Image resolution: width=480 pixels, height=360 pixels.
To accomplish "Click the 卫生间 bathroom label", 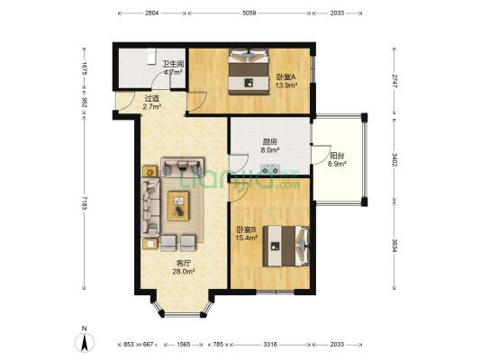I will pyautogui.click(x=173, y=64).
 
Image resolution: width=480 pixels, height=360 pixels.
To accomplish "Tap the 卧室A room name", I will pyautogui.click(x=286, y=77).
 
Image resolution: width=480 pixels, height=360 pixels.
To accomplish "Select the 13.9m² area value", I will pyautogui.click(x=286, y=86).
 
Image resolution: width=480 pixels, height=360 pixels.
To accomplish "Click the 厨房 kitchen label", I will pyautogui.click(x=268, y=141).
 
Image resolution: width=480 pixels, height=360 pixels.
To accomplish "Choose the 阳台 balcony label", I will pyautogui.click(x=337, y=156).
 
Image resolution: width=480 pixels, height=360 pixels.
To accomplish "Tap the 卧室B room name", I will pyautogui.click(x=244, y=229).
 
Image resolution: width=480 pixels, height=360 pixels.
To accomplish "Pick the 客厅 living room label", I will pyautogui.click(x=183, y=264).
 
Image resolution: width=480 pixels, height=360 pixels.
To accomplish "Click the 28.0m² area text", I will pyautogui.click(x=183, y=273).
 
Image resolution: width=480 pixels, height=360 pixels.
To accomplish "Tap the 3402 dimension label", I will pyautogui.click(x=394, y=160).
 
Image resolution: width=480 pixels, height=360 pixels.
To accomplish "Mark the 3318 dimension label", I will pyautogui.click(x=270, y=345).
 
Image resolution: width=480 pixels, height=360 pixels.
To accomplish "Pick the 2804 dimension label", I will pyautogui.click(x=150, y=13).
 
